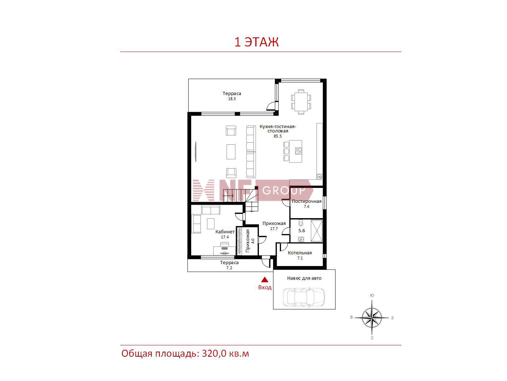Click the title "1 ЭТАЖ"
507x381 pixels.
[x=256, y=42]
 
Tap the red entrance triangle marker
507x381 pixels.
[x=265, y=280]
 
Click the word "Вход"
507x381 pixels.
[x=265, y=287]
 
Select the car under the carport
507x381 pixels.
[x=304, y=296]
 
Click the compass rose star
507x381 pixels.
[x=372, y=317]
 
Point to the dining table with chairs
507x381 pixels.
[x=301, y=102]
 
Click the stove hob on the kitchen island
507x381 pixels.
[x=298, y=151]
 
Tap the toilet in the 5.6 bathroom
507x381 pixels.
[x=301, y=223]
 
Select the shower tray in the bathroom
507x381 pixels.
[x=317, y=231]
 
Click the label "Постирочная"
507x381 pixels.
[x=306, y=201]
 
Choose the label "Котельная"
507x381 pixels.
[x=299, y=253]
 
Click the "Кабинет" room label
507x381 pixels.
[x=225, y=232]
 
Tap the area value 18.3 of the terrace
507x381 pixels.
[x=232, y=99]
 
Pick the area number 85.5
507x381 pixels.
[x=278, y=136]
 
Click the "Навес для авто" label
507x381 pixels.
[x=304, y=278]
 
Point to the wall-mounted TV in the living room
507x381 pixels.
[x=196, y=152]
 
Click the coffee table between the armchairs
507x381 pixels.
[x=231, y=152]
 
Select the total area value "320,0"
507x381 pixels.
[x=214, y=354]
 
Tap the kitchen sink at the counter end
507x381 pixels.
[x=319, y=177]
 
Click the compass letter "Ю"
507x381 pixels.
[x=372, y=295]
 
